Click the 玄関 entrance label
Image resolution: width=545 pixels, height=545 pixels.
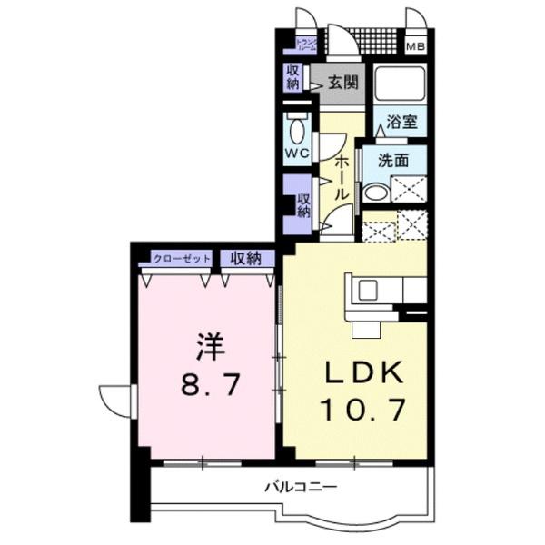point(342,81)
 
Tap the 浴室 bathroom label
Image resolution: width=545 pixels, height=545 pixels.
point(401,119)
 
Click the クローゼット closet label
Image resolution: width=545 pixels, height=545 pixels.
point(181,259)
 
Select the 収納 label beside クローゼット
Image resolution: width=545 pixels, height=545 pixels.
point(245,258)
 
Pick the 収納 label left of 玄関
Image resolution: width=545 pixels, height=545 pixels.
point(292,78)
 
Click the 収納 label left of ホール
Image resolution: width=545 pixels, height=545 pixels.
point(304,205)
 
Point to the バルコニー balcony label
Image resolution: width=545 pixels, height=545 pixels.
point(301,487)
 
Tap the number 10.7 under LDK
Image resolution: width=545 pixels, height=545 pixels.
point(354,410)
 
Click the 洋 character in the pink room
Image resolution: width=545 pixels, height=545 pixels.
point(209,348)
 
